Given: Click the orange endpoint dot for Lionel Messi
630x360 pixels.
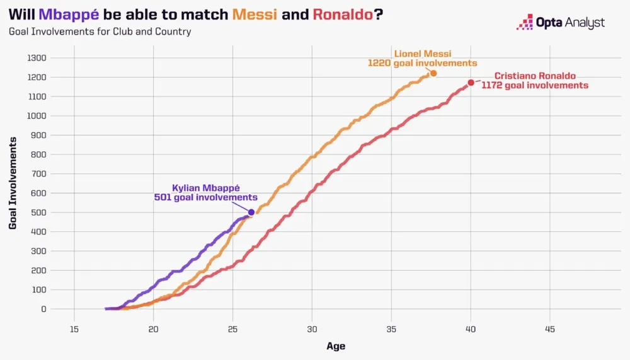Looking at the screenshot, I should coord(433,74).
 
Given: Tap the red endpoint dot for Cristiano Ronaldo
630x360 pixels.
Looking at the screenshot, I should coord(471,83).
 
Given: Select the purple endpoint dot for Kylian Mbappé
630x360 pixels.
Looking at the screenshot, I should coord(251,212).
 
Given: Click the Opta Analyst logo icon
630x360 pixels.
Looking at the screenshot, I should coord(524,23).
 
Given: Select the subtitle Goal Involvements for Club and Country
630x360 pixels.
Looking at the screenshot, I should coord(100,31).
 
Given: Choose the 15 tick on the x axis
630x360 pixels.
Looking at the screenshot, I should coord(74,329).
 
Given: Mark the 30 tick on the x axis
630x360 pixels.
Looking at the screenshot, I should coord(312,329).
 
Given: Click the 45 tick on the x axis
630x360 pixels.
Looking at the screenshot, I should coord(550,329).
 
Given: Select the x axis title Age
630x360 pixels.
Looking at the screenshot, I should coord(336,346).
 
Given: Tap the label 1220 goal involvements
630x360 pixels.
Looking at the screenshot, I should coord(422,63).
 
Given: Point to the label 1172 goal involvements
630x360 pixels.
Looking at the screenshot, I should coord(535,85).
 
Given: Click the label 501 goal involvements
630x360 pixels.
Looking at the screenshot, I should coord(205,197).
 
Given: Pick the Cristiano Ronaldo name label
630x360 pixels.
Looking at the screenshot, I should coord(535,76).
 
